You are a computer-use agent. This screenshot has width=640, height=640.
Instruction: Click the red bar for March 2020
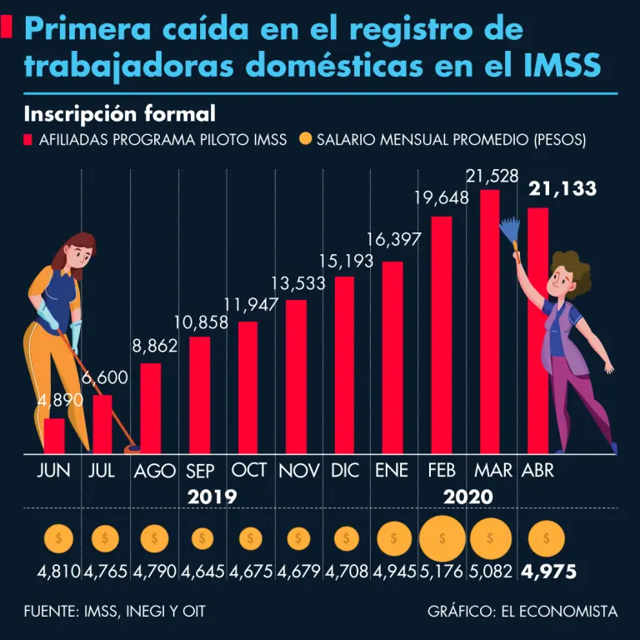(x=489, y=321)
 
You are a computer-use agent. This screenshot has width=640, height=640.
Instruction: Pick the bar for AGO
(x=151, y=408)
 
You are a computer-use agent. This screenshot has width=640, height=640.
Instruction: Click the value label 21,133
(x=562, y=189)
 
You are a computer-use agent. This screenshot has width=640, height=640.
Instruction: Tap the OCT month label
(x=249, y=470)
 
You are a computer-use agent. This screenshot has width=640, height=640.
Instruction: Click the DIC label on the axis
(x=344, y=470)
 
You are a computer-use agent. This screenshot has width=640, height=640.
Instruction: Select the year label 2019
(x=212, y=497)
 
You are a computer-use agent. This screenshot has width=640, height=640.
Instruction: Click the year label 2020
(x=467, y=497)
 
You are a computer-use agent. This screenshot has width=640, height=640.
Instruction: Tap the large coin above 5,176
(x=442, y=539)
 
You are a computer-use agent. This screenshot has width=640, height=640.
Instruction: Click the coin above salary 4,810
(x=57, y=539)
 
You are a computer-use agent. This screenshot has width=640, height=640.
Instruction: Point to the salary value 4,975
(x=548, y=573)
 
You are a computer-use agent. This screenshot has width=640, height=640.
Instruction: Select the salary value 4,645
(x=202, y=573)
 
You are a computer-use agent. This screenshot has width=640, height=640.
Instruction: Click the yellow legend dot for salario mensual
(x=305, y=139)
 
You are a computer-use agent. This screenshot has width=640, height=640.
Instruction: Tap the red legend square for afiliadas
(x=28, y=139)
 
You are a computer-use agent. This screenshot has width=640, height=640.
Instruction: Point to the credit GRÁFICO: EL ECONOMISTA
(x=522, y=612)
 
